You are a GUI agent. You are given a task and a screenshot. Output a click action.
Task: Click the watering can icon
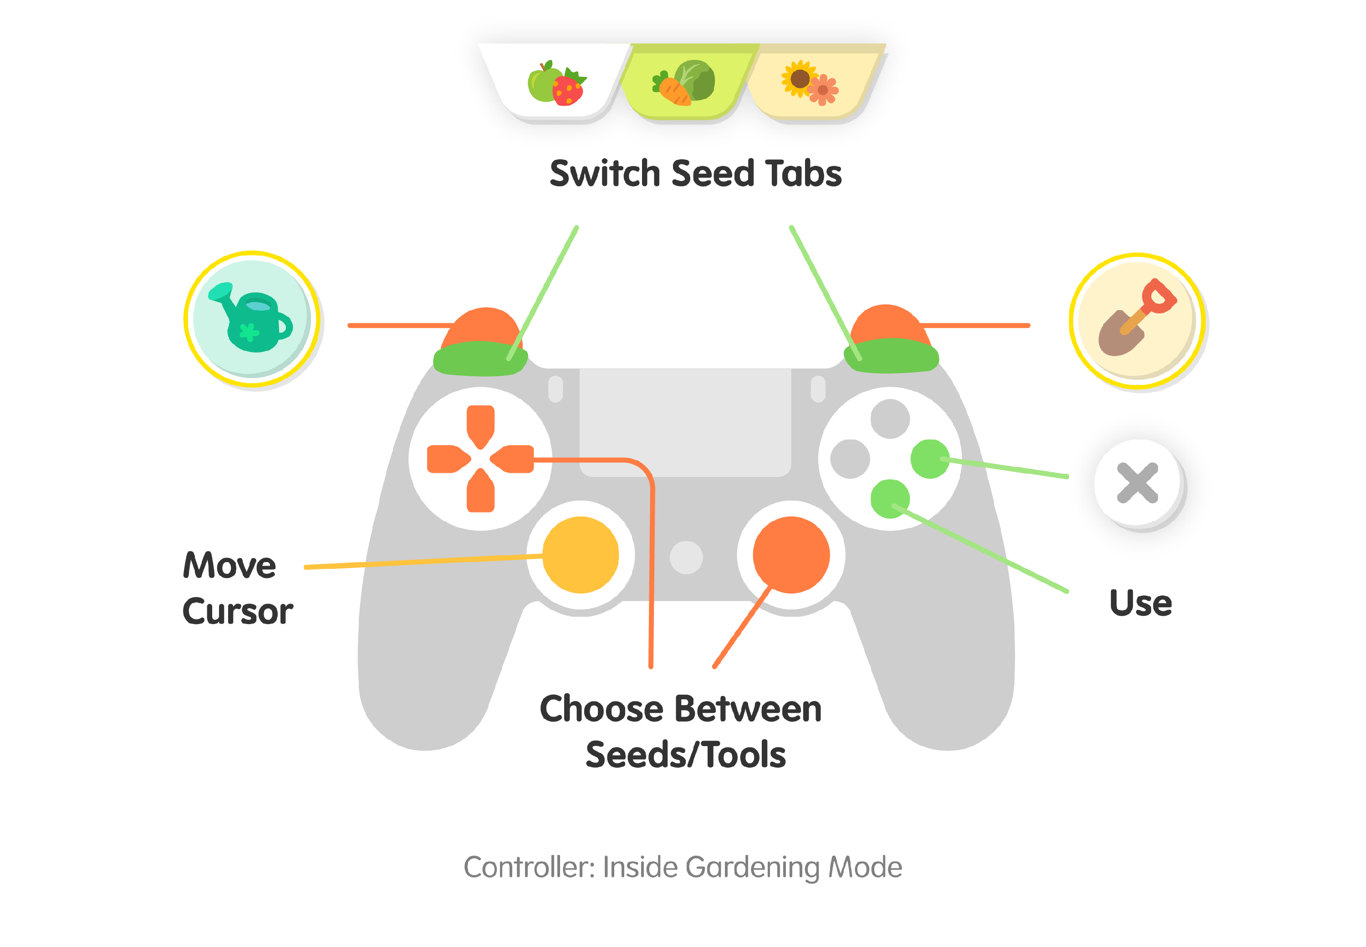click(x=251, y=319)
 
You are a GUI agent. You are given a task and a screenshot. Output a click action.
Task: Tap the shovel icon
click(x=1137, y=320)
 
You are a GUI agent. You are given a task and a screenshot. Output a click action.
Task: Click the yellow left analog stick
click(x=581, y=555)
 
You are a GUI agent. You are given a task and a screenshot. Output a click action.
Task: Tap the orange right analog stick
click(x=791, y=555)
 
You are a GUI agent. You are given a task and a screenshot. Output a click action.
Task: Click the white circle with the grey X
click(x=1138, y=484)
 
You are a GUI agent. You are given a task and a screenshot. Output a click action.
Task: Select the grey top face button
click(x=890, y=419)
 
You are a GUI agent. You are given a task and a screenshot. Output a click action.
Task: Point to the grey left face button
click(x=850, y=459)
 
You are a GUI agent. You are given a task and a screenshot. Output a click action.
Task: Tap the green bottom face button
click(x=890, y=498)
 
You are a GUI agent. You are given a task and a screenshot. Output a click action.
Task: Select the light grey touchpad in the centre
click(x=685, y=421)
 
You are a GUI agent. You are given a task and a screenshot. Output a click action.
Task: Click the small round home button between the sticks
click(x=686, y=558)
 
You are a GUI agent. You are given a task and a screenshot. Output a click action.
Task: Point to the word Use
click(x=1140, y=604)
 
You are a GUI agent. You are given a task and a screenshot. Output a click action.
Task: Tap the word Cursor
click(x=237, y=611)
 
